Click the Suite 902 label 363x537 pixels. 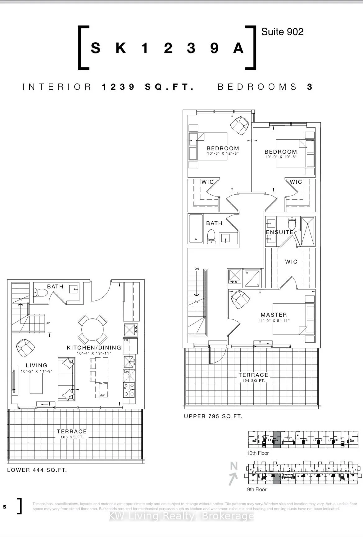pyautogui.click(x=282, y=32)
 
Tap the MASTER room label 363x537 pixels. pyautogui.click(x=274, y=315)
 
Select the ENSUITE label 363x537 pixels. pyautogui.click(x=279, y=232)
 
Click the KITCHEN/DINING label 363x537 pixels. pyautogui.click(x=94, y=348)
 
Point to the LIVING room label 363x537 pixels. pyautogui.click(x=36, y=365)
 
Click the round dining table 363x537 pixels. pyautogui.click(x=92, y=329)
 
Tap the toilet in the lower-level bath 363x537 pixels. pyautogui.click(x=40, y=292)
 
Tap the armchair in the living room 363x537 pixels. pyautogui.click(x=25, y=348)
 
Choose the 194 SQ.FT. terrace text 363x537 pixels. pyautogui.click(x=253, y=381)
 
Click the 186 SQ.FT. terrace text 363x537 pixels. pyautogui.click(x=72, y=437)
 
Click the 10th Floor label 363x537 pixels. pyautogui.click(x=258, y=453)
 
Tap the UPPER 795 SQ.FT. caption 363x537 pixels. pyautogui.click(x=213, y=416)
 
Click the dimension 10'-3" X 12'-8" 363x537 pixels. pyautogui.click(x=223, y=153)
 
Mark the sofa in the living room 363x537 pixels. pyautogui.click(x=66, y=379)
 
